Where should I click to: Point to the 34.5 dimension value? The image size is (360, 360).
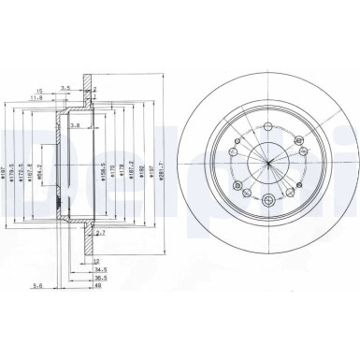[99, 268]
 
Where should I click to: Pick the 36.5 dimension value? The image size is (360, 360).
[99, 277]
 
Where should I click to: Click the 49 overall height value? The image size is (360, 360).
[97, 287]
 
